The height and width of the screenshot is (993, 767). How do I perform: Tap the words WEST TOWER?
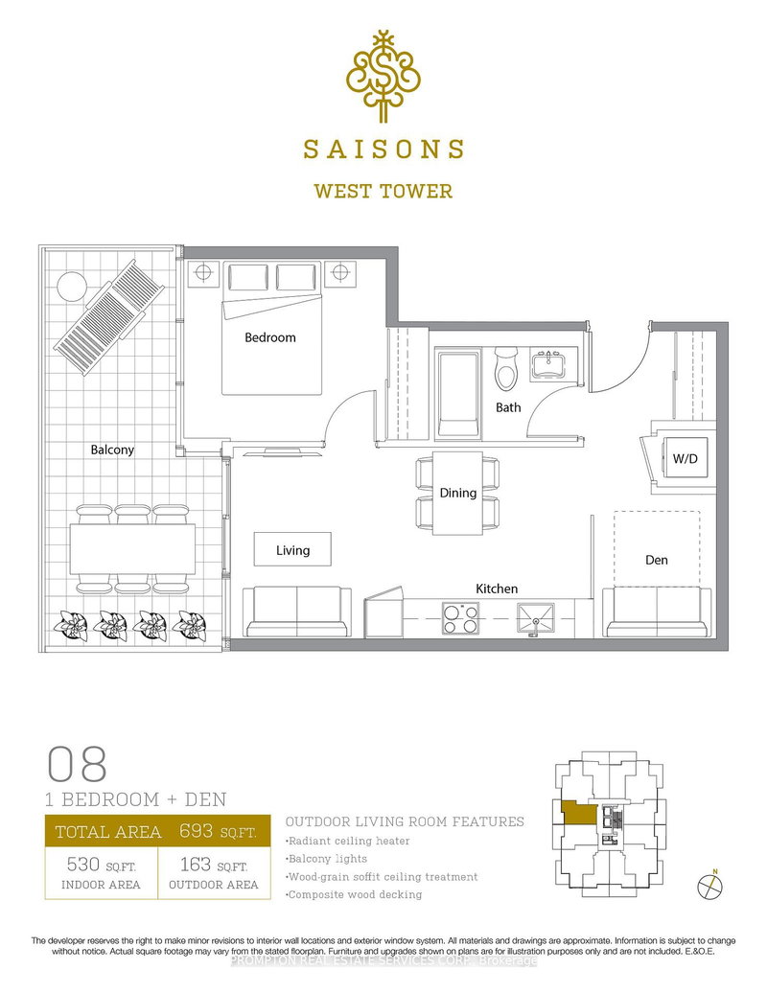click(x=383, y=191)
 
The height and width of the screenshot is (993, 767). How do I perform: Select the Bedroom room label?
click(x=269, y=337)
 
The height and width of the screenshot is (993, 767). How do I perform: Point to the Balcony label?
click(x=112, y=449)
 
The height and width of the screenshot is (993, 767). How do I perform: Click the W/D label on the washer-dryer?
click(x=685, y=459)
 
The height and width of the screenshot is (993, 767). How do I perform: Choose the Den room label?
click(x=657, y=560)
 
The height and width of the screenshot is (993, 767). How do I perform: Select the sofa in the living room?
click(x=297, y=612)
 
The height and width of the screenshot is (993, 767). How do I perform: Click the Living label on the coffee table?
click(x=292, y=550)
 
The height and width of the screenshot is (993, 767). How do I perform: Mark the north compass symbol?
click(x=710, y=885)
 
